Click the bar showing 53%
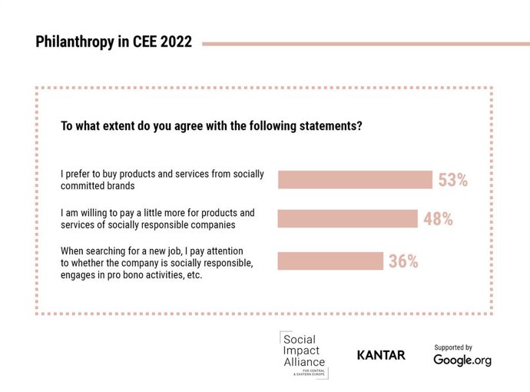(x=354, y=180)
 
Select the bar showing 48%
(x=347, y=218)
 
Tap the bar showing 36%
(x=330, y=261)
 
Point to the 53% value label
(x=453, y=181)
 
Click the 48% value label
(x=438, y=219)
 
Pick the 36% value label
(x=403, y=261)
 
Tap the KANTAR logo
(x=381, y=355)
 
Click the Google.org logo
(x=462, y=360)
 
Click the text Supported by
(x=452, y=347)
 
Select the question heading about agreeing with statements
(x=211, y=125)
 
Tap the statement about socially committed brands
(x=162, y=180)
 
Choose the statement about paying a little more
(x=157, y=218)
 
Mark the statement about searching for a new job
(x=157, y=263)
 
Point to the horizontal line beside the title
(x=365, y=44)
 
